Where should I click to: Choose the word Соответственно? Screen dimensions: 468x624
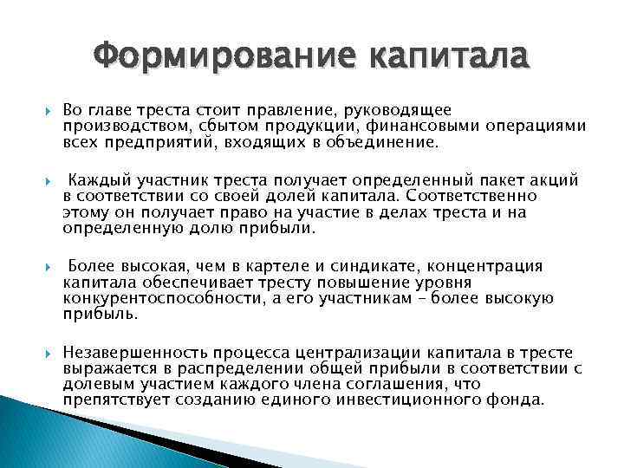[x=473, y=195]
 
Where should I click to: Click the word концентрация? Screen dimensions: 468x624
[x=491, y=266]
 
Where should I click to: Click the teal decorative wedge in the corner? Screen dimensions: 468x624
[x=35, y=438]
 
